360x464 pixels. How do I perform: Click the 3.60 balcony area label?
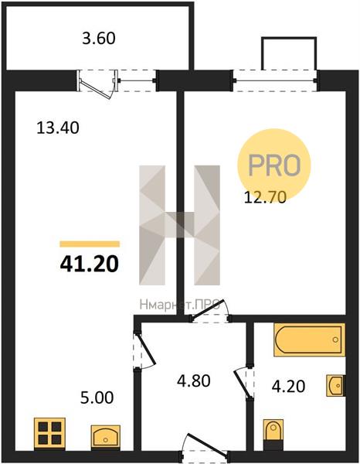click(98, 39)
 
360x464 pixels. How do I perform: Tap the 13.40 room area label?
click(58, 128)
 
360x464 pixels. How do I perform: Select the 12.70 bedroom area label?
click(265, 197)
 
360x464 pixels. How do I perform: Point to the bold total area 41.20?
click(90, 264)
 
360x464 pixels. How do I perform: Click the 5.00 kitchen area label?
click(97, 397)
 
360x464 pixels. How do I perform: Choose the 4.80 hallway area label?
click(194, 380)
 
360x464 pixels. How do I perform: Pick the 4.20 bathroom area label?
click(288, 387)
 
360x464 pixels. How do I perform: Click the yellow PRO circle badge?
click(274, 165)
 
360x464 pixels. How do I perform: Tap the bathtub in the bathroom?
click(309, 339)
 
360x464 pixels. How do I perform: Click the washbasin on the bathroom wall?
click(336, 385)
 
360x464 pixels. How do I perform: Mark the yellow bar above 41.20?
click(90, 244)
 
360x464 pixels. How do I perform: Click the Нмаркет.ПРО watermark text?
click(180, 305)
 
